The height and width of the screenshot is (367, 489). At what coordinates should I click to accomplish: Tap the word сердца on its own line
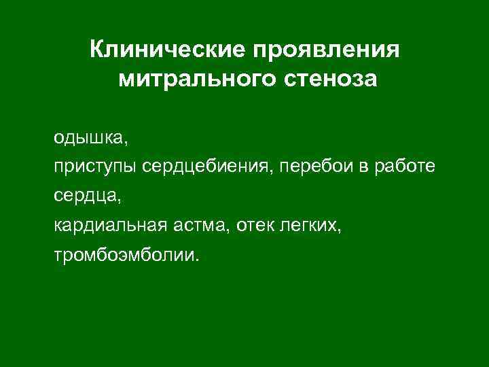pyautogui.click(x=86, y=197)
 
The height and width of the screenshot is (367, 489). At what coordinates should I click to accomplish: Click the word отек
pyautogui.click(x=255, y=226)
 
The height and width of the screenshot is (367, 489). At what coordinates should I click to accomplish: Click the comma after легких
pyautogui.click(x=342, y=230)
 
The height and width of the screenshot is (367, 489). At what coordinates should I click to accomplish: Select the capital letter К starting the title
pyautogui.click(x=96, y=50)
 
